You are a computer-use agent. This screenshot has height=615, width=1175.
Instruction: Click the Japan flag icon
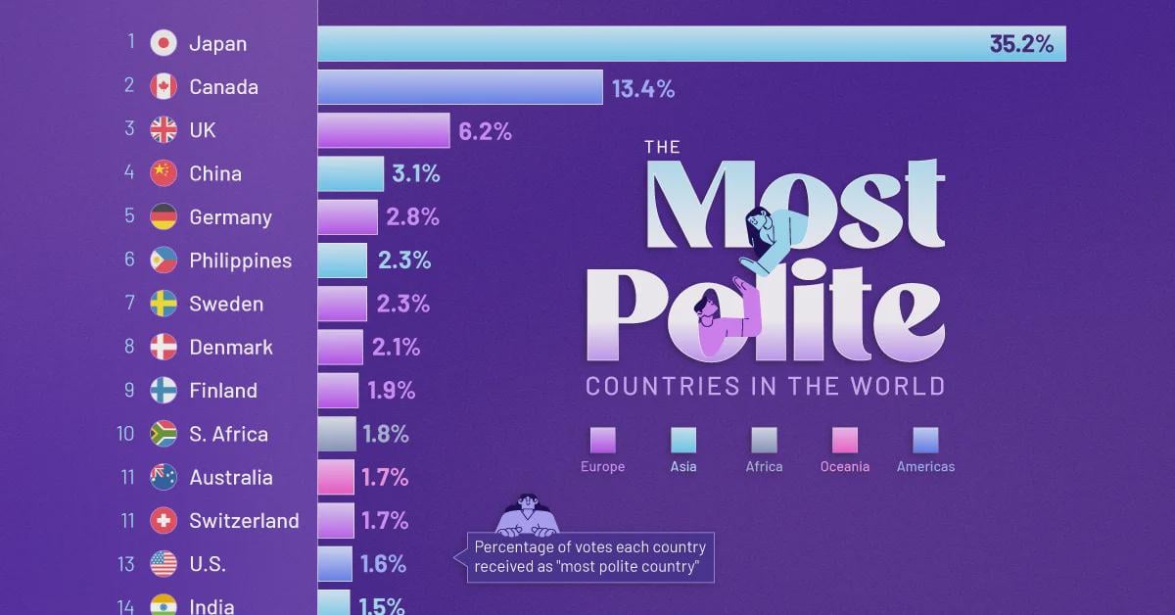(164, 43)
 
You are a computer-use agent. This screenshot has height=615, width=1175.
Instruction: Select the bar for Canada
(459, 87)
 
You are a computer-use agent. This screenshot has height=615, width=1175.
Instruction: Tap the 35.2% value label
(1021, 43)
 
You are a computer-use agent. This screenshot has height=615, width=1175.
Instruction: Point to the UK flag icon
(164, 130)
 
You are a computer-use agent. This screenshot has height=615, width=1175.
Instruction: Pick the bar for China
(351, 173)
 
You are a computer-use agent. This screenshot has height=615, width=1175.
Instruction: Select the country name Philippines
(240, 260)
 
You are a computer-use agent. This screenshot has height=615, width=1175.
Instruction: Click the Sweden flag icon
(164, 304)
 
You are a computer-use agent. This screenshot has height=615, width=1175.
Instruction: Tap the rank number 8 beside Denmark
(129, 347)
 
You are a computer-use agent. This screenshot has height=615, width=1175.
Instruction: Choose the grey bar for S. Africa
(337, 434)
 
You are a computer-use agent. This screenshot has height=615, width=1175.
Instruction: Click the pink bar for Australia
(336, 477)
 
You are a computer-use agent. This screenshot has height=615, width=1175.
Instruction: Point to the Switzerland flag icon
(164, 520)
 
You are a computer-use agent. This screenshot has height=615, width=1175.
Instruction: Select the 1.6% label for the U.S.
(384, 564)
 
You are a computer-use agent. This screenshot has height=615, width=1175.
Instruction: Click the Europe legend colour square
(603, 440)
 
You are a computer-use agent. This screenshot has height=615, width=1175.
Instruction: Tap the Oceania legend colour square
(845, 440)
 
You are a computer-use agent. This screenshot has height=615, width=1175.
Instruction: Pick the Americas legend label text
(925, 467)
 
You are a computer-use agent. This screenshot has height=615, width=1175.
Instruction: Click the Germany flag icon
(164, 216)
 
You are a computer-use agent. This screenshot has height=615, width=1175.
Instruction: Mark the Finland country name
(223, 391)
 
